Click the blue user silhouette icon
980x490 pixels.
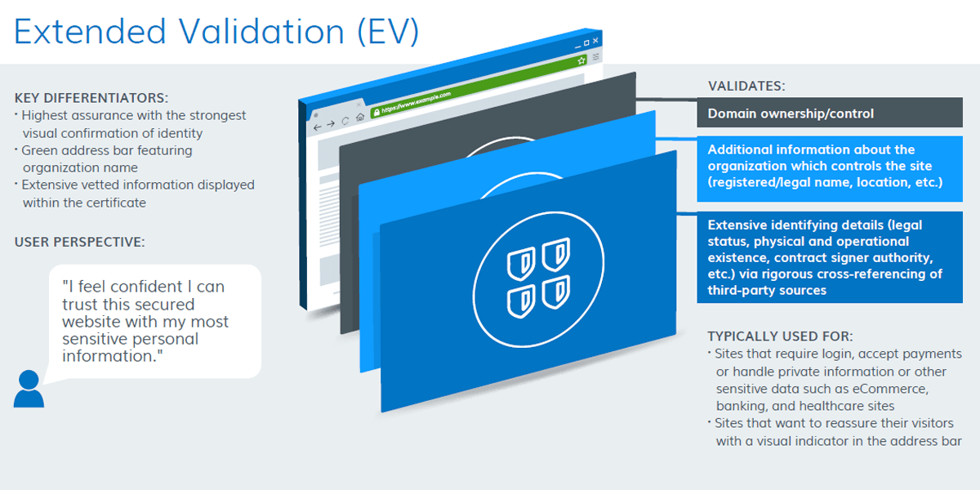tap(29, 389)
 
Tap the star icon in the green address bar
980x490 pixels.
tap(581, 60)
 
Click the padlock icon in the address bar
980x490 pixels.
tap(376, 113)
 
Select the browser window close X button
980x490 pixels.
tap(595, 41)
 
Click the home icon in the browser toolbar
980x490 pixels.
tap(360, 117)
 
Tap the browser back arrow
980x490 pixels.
tap(317, 127)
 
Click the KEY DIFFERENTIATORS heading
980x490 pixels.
tap(91, 98)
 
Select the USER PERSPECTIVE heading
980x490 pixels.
tap(79, 242)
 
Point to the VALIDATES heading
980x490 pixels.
tap(746, 87)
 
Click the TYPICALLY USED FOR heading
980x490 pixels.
tap(780, 336)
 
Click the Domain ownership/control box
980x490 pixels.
tap(830, 113)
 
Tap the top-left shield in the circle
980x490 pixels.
tap(521, 263)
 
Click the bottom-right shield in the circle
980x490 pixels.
tap(556, 292)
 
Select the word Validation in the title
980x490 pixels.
tap(261, 32)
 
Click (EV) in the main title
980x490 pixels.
tap(388, 32)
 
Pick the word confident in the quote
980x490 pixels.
tap(150, 287)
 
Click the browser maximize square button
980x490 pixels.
tap(586, 42)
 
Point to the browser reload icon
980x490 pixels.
tap(345, 121)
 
